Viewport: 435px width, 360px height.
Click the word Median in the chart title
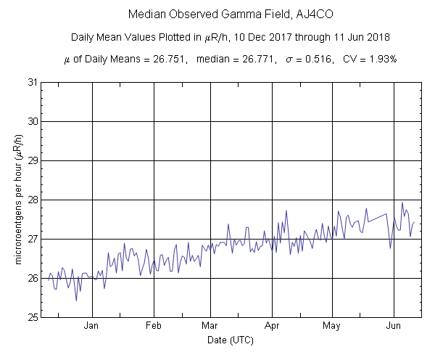(x=146, y=15)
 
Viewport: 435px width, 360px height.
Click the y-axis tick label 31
(x=33, y=82)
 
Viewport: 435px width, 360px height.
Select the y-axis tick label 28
(x=33, y=200)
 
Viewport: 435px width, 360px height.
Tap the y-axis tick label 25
(x=33, y=317)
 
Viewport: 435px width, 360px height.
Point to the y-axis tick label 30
(x=33, y=121)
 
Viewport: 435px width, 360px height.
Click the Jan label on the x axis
(x=92, y=326)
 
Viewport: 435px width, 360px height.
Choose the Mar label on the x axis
(x=210, y=326)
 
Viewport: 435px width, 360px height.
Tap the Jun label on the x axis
(x=394, y=326)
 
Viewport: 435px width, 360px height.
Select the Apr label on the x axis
(x=273, y=326)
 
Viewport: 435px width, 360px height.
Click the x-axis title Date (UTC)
(x=231, y=340)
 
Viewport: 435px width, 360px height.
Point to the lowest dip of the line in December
(x=76, y=300)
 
